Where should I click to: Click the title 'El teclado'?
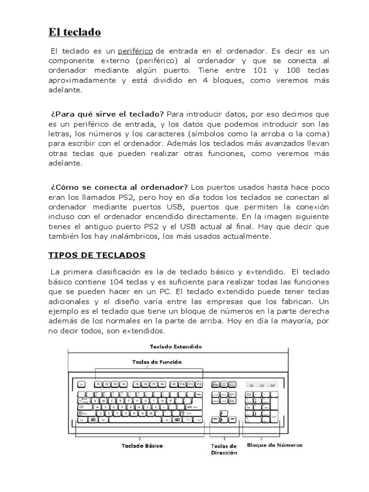74,33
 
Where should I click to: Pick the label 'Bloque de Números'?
274,445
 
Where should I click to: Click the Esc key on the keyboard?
81,384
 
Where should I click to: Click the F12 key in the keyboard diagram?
199,384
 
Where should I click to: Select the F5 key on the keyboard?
137,384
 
